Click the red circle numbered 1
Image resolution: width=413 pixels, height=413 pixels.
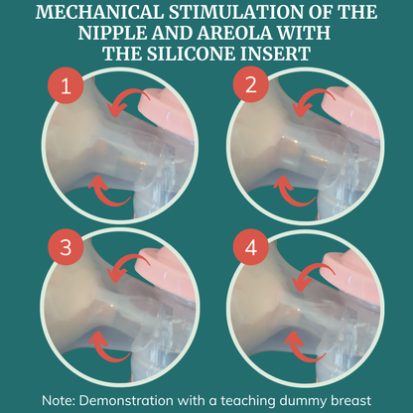pos(66,85)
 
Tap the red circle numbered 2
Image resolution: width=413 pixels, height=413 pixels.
pos(251,85)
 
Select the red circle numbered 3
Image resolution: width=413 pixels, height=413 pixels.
pos(66,247)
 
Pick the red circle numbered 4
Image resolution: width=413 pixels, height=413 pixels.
pos(251,247)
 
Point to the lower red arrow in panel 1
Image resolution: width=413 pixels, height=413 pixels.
pos(105,196)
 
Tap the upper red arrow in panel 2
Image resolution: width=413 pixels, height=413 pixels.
pos(310,95)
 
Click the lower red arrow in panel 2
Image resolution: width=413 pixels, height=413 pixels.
pos(291,196)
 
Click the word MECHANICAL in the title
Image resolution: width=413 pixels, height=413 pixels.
pos(99,13)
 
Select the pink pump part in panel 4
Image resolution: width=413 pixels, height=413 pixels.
pos(354,276)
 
